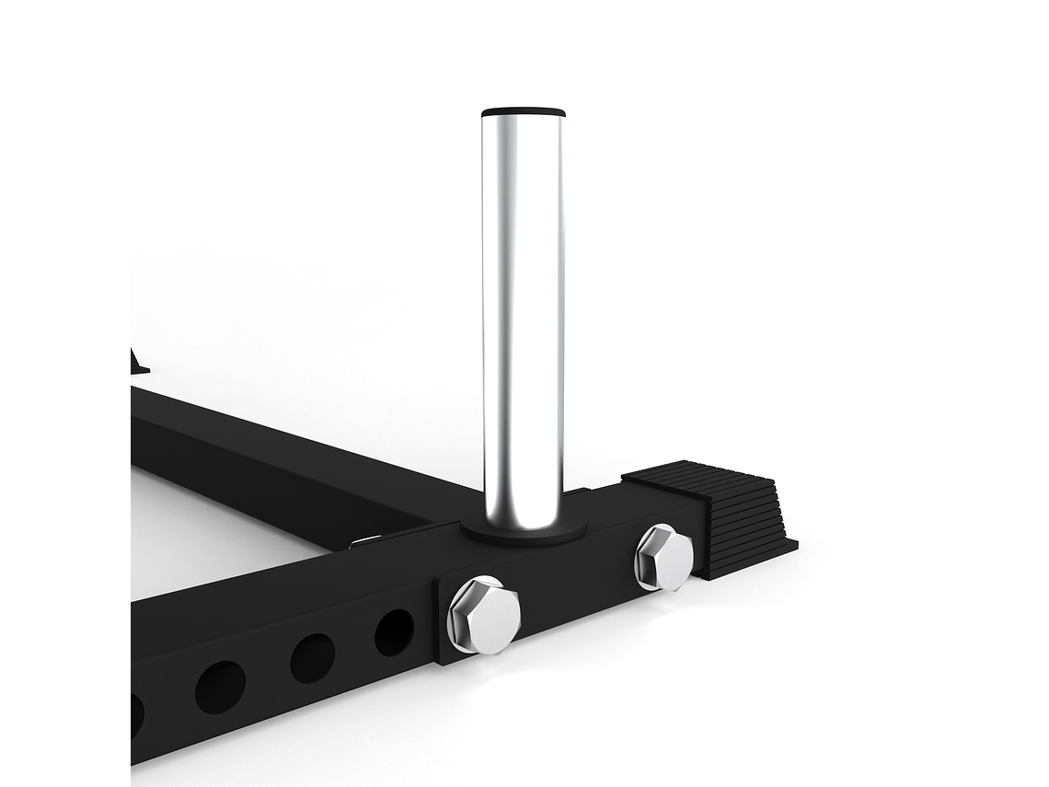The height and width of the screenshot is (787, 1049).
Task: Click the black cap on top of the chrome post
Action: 523,112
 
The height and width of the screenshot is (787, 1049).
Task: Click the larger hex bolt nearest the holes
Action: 484,614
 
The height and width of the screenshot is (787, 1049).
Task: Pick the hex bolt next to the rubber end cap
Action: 663,557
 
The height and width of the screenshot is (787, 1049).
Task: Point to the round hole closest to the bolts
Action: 394,632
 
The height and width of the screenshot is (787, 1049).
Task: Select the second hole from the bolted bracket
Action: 313,658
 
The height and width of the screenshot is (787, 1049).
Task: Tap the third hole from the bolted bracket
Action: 221,687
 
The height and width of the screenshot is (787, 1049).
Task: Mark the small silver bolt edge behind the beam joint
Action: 364,541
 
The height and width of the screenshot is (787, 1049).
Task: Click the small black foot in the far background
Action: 138,364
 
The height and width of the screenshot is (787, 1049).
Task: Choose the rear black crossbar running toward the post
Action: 276,451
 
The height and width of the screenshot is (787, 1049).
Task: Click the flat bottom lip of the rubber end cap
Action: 750,561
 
